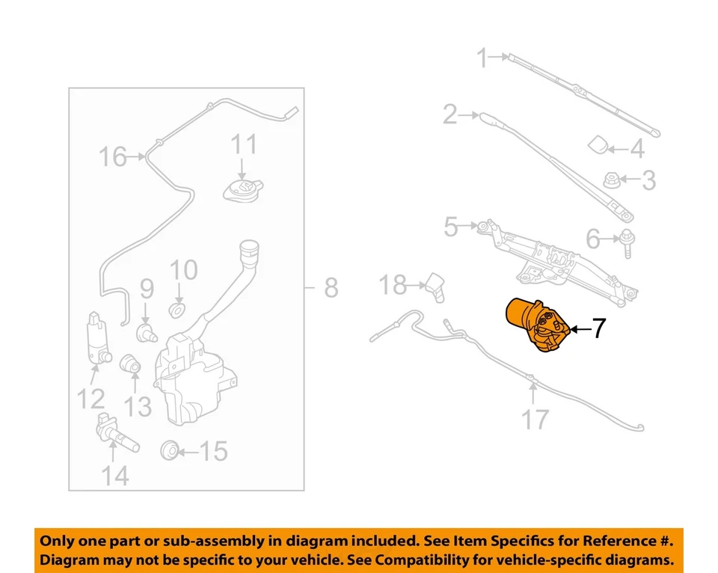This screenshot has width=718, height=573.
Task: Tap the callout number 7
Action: (x=598, y=328)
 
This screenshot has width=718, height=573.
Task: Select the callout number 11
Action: (x=243, y=144)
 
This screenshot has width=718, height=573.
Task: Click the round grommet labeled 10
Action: (x=179, y=310)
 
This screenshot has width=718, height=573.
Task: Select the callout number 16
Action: (x=114, y=157)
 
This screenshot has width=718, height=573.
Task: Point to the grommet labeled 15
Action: (x=170, y=450)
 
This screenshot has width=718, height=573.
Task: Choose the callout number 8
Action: (x=331, y=287)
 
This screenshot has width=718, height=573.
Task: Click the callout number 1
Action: (x=483, y=57)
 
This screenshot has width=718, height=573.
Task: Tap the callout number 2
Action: (x=449, y=114)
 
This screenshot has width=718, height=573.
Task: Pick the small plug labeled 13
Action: (x=132, y=364)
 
